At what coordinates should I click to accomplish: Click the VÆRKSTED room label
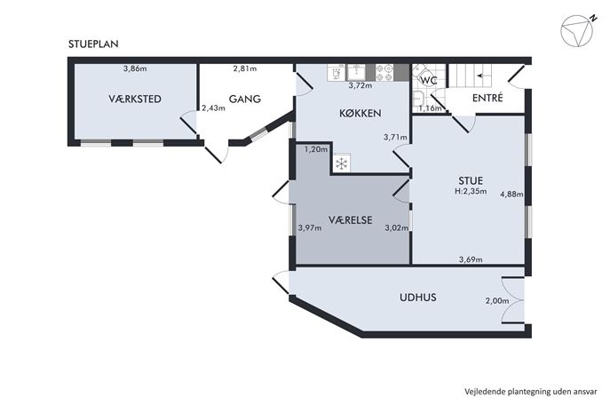[135, 99]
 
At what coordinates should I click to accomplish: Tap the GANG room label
[245, 99]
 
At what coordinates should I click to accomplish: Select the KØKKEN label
[360, 114]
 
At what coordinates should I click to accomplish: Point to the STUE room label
[471, 180]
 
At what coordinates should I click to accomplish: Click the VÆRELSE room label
[350, 220]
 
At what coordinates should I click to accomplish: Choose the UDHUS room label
[418, 298]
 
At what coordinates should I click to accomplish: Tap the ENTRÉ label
[487, 98]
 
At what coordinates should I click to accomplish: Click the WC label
[429, 81]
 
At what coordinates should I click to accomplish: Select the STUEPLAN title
[93, 44]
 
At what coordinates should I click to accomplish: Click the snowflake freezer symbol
[341, 163]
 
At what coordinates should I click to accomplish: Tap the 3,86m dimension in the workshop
[135, 68]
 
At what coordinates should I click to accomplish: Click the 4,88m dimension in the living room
[511, 194]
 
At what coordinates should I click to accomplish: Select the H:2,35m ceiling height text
[471, 191]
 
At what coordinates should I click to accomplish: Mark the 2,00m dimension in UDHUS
[497, 300]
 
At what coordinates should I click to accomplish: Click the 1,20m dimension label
[316, 149]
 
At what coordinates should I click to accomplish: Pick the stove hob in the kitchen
[384, 73]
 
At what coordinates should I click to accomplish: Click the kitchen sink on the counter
[356, 72]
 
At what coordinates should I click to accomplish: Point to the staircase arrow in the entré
[481, 76]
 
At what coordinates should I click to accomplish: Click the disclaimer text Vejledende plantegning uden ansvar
[531, 392]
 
